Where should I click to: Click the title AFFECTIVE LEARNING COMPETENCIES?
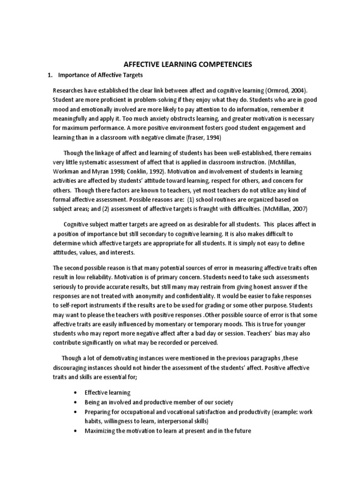(x=180, y=64)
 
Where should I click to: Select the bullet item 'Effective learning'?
(x=107, y=392)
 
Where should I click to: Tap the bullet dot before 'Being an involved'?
(x=76, y=402)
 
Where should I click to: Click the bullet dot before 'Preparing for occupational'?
(x=76, y=412)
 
